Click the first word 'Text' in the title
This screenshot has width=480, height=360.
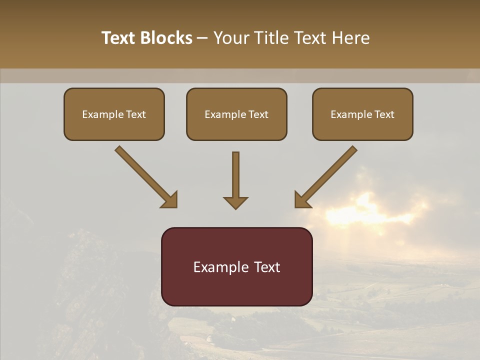118,38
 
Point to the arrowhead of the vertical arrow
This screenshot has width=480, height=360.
235,202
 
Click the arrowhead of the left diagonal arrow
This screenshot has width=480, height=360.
170,200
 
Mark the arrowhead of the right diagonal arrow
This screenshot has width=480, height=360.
301,200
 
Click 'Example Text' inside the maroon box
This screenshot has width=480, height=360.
236,267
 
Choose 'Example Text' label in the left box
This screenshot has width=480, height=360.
114,114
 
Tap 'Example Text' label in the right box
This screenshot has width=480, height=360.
362,114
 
